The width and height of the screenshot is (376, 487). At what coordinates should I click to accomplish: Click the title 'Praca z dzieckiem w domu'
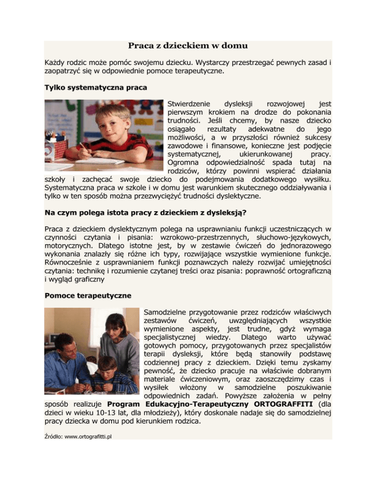click(188, 46)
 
